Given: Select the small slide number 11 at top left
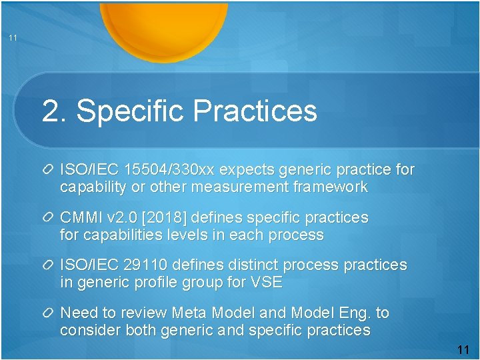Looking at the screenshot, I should click(x=13, y=38).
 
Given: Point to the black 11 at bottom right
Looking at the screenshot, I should click(x=463, y=350).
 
